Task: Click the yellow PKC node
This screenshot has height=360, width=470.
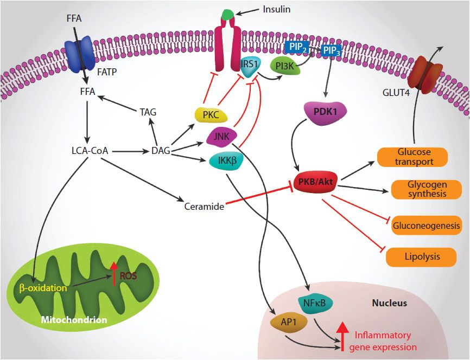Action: point(210,115)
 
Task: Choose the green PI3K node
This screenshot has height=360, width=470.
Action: point(283,67)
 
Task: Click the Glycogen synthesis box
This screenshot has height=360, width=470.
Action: point(426,189)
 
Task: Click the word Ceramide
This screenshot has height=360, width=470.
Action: point(204,206)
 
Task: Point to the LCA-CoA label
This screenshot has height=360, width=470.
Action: point(85,151)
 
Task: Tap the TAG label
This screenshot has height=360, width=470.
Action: point(147,112)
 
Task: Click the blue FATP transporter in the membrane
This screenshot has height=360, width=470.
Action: point(80,56)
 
